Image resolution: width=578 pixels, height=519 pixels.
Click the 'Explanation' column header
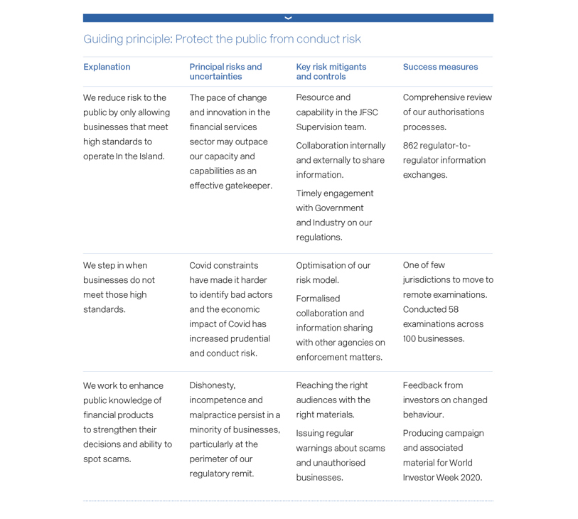tap(107, 67)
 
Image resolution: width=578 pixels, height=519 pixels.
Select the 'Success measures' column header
tap(440, 67)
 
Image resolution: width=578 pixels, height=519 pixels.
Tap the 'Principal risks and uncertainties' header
tap(225, 72)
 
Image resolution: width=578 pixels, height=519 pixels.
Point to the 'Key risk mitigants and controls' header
tap(331, 72)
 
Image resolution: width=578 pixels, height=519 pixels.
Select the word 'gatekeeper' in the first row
tap(247, 186)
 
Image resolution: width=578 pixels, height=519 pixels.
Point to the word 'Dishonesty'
tap(212, 385)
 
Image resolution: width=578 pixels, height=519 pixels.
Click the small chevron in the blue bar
tap(288, 18)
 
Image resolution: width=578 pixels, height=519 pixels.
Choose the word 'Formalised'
tap(318, 299)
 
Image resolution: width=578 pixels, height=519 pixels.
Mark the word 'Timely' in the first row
tap(311, 193)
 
